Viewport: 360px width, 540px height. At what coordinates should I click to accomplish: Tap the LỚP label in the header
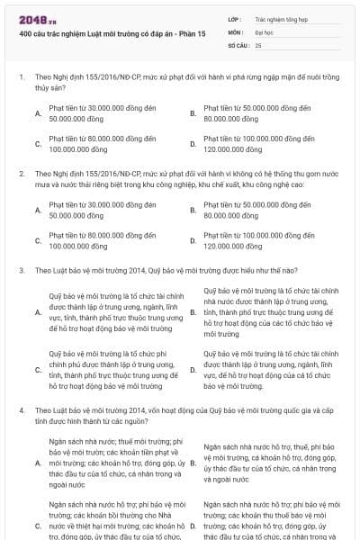tap(235, 18)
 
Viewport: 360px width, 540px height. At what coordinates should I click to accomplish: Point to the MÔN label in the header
tap(236, 31)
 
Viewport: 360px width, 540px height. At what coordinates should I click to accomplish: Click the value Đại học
tap(265, 31)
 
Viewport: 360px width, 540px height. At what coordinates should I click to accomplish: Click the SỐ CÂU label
tap(238, 44)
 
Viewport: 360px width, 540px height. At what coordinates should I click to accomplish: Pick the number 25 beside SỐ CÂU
tap(259, 44)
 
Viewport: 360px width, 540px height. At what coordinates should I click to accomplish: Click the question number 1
tap(21, 77)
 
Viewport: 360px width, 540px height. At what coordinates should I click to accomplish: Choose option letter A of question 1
tap(38, 112)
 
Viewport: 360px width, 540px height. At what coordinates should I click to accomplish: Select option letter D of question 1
tap(193, 143)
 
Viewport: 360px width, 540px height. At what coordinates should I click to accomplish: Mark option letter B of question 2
tap(193, 210)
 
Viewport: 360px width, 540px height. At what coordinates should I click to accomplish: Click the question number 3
tap(21, 270)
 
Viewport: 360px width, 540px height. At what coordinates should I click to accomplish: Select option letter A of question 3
tap(38, 311)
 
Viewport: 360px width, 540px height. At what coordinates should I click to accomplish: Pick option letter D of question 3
tap(193, 370)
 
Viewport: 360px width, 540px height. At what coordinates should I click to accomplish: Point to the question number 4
tap(21, 409)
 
